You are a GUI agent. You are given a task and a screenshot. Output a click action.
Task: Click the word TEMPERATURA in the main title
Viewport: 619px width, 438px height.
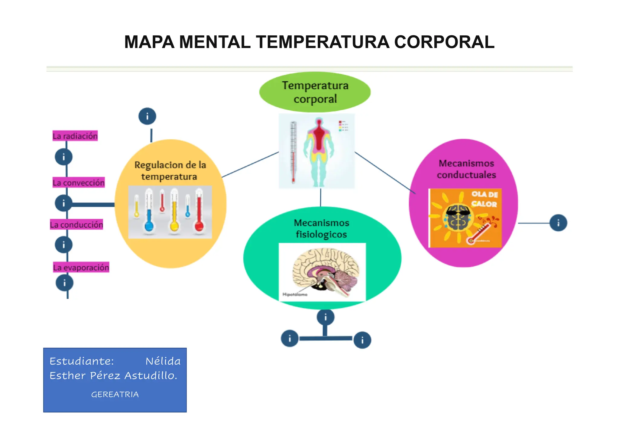click(x=322, y=42)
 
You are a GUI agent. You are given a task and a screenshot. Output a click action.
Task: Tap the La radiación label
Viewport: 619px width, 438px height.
click(x=75, y=136)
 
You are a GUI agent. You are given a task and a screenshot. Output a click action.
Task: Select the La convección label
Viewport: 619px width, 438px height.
click(x=79, y=183)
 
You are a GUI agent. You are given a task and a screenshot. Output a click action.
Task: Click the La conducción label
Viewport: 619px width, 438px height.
click(x=76, y=225)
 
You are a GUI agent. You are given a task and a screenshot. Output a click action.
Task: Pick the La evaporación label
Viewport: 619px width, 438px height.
click(x=81, y=268)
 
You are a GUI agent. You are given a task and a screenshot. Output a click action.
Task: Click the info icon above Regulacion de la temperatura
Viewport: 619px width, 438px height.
click(x=147, y=116)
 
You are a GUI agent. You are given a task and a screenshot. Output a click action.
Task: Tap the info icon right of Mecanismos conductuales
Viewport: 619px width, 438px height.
click(x=558, y=223)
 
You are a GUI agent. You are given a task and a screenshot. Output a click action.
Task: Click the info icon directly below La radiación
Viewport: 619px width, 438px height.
click(x=63, y=157)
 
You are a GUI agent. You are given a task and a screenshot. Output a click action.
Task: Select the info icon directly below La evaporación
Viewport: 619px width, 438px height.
click(x=64, y=283)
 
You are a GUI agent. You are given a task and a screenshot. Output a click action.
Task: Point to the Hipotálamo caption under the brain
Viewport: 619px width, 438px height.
click(x=295, y=294)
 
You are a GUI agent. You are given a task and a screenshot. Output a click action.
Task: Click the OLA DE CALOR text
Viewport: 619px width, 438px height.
click(x=484, y=199)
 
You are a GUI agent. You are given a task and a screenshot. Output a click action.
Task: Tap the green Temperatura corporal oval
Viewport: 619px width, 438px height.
click(x=315, y=92)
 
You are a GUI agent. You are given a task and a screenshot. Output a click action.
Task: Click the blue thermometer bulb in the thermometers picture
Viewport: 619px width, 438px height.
click(x=149, y=226)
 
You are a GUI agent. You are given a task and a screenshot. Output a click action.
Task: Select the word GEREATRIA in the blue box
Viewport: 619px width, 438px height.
click(x=115, y=394)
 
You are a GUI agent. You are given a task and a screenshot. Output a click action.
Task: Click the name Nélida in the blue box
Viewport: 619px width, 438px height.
click(x=163, y=361)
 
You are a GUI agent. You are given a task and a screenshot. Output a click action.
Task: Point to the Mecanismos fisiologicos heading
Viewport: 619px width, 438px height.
click(x=322, y=229)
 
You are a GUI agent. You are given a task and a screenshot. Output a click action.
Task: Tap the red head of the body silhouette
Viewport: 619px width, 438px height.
click(x=319, y=122)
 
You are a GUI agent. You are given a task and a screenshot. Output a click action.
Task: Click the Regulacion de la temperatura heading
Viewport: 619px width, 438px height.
click(x=170, y=171)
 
